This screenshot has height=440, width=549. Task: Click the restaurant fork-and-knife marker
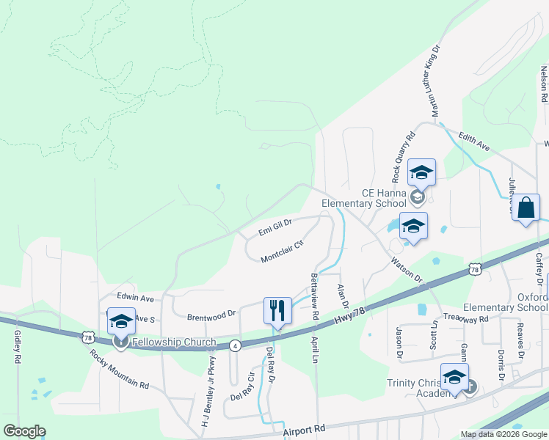click(x=277, y=309)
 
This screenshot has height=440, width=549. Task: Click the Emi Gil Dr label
click(x=275, y=227)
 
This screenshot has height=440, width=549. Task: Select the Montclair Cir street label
click(x=283, y=252)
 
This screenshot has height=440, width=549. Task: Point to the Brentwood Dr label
click(x=211, y=313)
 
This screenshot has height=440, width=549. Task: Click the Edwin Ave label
click(x=136, y=298)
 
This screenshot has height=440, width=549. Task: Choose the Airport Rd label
click(x=304, y=432)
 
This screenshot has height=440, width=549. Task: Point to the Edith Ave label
click(x=474, y=142)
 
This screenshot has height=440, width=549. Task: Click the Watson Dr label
click(x=407, y=269)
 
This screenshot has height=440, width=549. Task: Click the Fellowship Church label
click(x=174, y=342)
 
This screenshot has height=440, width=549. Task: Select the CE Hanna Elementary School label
click(x=364, y=198)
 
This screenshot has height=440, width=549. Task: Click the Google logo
click(x=24, y=431)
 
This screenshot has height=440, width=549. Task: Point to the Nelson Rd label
click(x=544, y=84)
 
